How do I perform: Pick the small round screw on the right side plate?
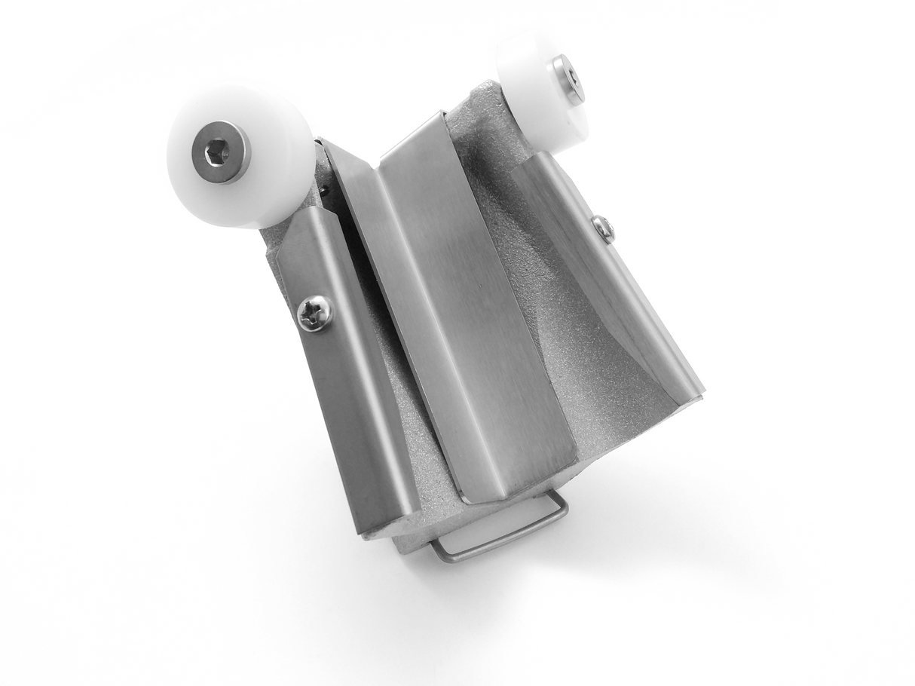click(x=601, y=228)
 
